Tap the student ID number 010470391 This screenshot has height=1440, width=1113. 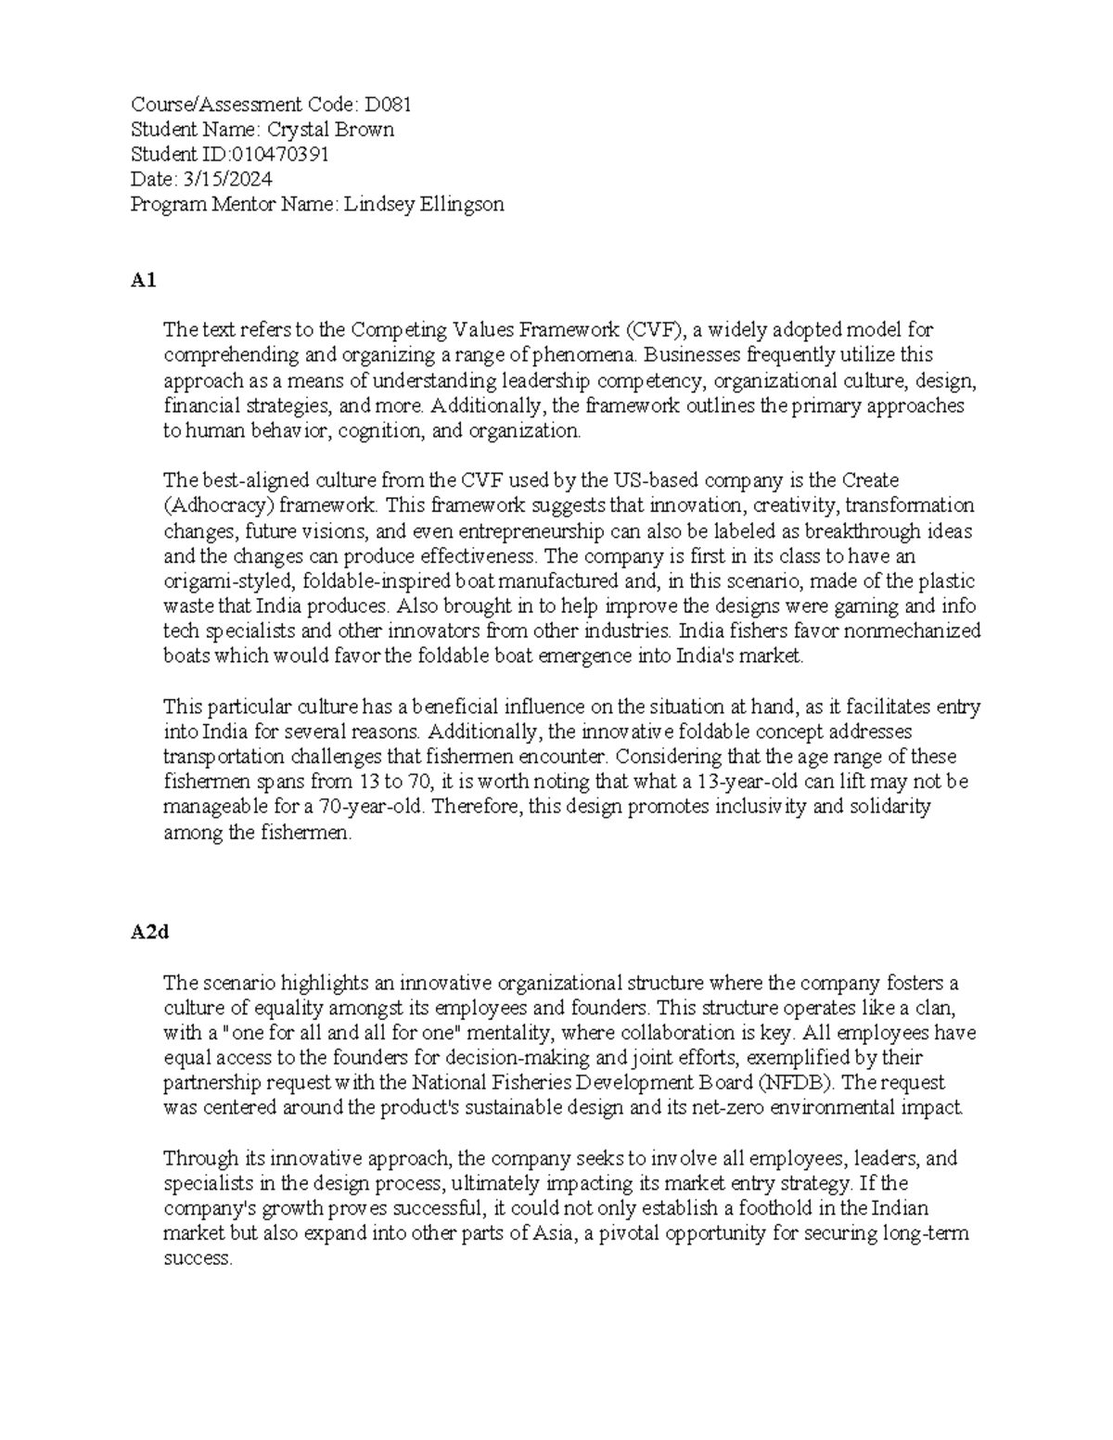(x=286, y=154)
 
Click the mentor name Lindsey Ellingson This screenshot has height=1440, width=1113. (x=424, y=204)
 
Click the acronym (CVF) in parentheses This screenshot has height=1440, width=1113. (x=653, y=329)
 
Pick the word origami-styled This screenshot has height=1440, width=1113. (x=220, y=581)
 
